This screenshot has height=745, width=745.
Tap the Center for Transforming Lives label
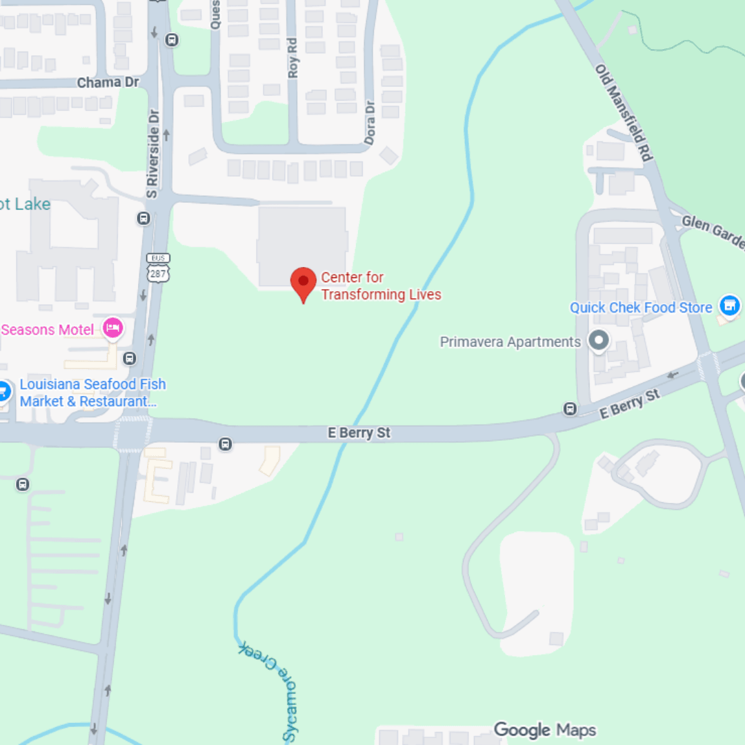381,286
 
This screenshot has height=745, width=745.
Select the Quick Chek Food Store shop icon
729,305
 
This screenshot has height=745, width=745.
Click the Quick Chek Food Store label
640,308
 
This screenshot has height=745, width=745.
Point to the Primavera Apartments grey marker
599,340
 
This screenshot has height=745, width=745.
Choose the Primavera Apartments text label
510,342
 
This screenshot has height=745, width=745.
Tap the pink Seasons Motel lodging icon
112,328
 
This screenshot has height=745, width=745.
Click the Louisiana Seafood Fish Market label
92,393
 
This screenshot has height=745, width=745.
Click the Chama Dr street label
108,83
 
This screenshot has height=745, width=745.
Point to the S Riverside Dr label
152,154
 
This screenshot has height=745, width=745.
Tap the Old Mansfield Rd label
624,112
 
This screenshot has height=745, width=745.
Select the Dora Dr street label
370,123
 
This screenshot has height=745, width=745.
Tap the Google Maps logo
544,730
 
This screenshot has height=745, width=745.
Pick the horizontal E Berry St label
359,433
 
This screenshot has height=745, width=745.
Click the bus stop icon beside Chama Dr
172,40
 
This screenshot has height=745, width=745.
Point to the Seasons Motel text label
47,330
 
